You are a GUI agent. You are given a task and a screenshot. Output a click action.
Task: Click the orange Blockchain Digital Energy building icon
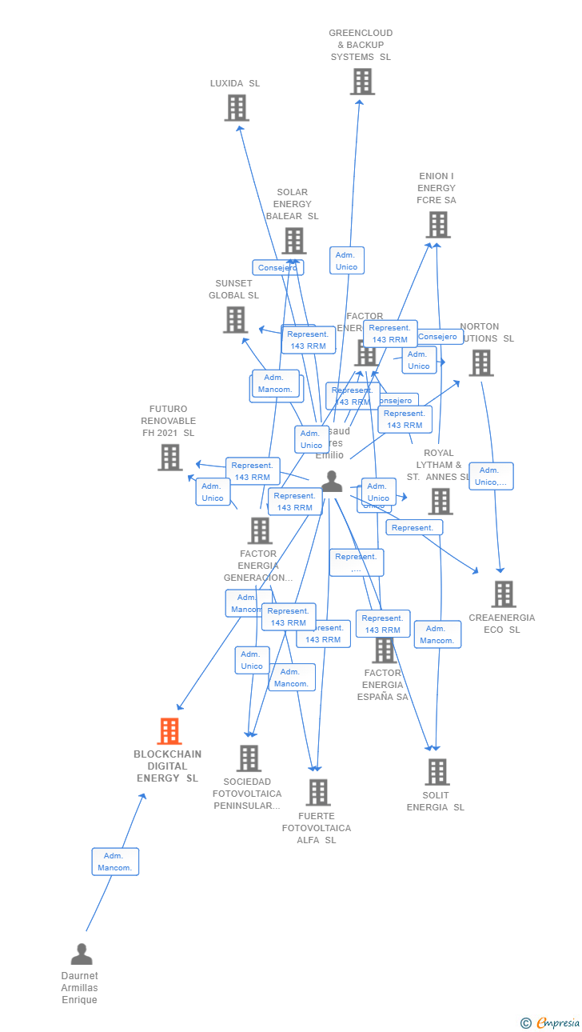(169, 731)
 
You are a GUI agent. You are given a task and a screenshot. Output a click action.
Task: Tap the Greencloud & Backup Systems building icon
(362, 82)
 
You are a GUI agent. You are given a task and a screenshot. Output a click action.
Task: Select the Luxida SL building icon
(237, 108)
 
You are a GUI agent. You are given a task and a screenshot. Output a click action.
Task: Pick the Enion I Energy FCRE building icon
(438, 225)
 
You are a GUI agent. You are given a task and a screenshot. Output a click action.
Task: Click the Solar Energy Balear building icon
(293, 241)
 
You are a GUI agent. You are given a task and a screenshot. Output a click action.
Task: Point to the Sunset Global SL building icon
(235, 320)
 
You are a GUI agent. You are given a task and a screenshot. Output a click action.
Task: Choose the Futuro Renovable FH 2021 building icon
(169, 458)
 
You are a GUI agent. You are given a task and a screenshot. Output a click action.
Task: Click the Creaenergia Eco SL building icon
(503, 594)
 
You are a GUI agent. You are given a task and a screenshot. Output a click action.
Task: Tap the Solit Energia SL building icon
(436, 772)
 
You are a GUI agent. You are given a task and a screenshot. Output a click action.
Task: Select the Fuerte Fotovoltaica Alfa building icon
(318, 792)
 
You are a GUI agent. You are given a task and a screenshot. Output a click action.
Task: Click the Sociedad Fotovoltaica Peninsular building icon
(249, 758)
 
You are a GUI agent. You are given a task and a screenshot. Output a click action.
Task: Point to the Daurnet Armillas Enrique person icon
(81, 954)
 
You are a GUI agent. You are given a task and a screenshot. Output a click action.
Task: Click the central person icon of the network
(332, 481)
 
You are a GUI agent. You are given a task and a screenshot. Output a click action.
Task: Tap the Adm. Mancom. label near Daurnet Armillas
(115, 862)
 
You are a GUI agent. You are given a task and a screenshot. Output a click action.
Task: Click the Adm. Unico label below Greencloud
(346, 261)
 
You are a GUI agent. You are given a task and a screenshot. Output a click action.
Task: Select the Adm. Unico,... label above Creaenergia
(491, 476)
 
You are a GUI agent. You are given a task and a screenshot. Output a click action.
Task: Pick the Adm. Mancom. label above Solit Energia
(437, 634)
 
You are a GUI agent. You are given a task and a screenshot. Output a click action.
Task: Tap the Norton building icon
(480, 363)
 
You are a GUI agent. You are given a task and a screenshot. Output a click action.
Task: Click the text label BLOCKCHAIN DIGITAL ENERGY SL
(168, 766)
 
